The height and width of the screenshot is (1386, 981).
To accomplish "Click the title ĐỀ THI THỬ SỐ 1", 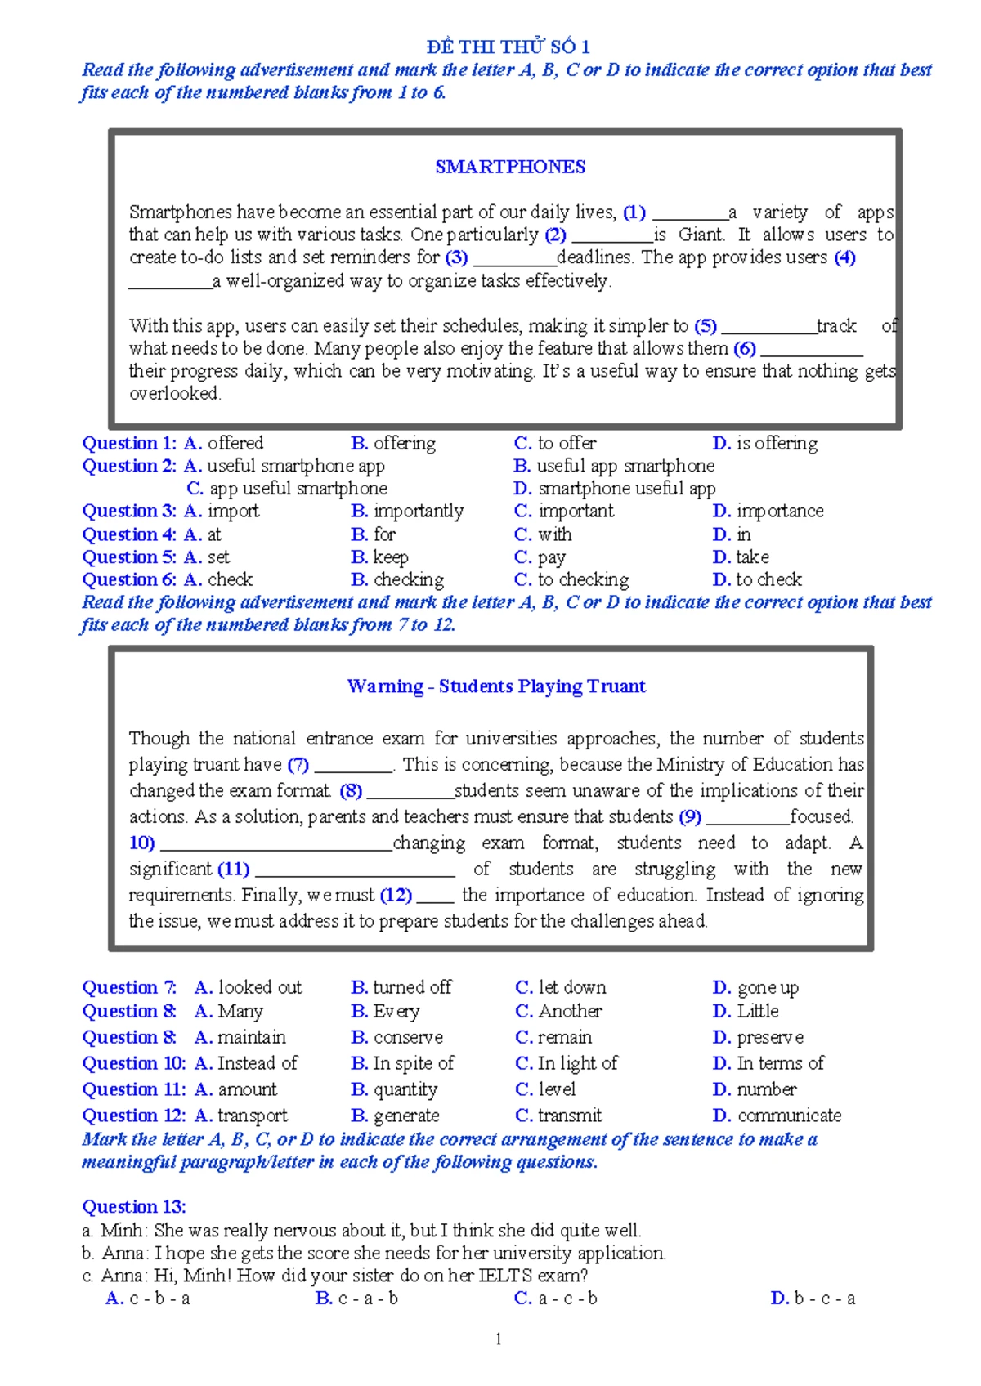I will tap(508, 47).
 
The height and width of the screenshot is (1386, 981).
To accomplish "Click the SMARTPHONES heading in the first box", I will tap(510, 167).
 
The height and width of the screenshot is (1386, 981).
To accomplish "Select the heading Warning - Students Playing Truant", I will tap(496, 686).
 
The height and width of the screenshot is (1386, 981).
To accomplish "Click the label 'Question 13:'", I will tap(134, 1206).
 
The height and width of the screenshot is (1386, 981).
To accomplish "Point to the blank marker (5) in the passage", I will tap(706, 326).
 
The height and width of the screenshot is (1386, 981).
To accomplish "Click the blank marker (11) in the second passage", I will tap(234, 869).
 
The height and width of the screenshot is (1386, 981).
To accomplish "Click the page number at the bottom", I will tap(498, 1339).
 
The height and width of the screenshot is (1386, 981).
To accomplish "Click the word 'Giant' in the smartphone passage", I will tap(701, 235).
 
